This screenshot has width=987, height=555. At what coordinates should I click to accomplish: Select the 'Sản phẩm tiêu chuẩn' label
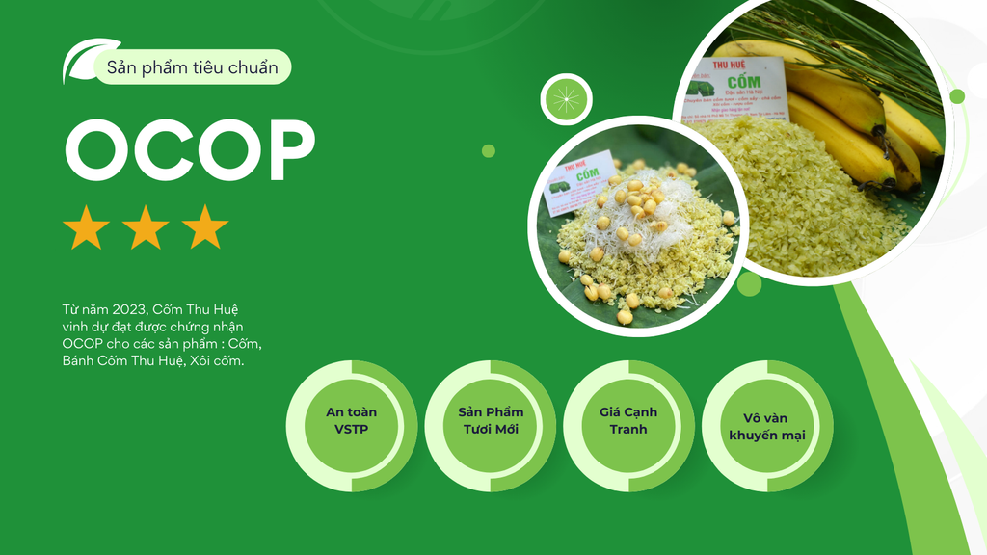click(193, 67)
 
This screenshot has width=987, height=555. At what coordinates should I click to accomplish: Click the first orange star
click(86, 227)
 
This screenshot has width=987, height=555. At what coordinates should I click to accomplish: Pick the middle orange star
click(146, 227)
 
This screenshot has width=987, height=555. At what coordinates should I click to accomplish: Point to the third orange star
click(204, 227)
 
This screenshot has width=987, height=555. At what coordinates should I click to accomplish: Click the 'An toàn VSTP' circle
click(351, 425)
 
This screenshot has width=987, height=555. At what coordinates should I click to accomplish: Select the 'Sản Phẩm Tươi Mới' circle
click(490, 425)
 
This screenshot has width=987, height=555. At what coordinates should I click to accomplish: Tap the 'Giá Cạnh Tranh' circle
click(628, 425)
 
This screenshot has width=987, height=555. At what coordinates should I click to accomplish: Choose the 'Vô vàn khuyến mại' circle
click(767, 425)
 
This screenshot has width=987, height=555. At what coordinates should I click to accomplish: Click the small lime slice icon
click(566, 99)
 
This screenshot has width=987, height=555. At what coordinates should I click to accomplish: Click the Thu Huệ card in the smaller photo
click(578, 180)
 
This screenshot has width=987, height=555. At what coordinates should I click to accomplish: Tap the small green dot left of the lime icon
click(489, 151)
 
